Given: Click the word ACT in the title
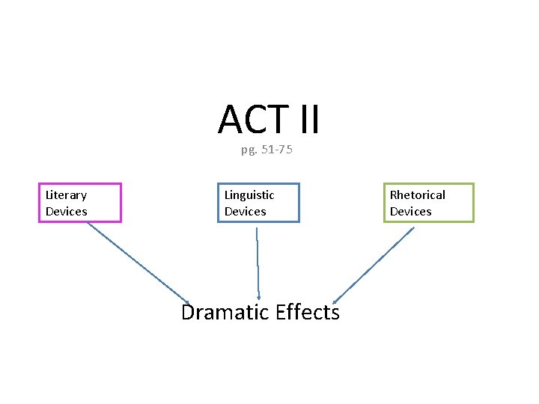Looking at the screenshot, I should click(253, 120).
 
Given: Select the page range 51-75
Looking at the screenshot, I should click(277, 150).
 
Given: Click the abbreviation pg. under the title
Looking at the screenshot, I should click(249, 150).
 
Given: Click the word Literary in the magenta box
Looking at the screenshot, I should click(66, 195).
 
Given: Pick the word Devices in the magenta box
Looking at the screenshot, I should click(66, 212).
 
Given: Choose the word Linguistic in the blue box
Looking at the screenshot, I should click(249, 195).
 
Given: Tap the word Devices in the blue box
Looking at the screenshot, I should click(245, 212).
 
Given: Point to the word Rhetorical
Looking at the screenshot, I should click(417, 195).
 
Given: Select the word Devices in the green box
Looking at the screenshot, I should click(410, 212).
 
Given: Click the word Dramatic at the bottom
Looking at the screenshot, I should click(225, 312).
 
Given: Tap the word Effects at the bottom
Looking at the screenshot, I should click(307, 312).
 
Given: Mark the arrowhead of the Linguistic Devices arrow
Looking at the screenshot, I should click(258, 296).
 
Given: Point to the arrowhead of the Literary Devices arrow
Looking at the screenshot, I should click(187, 299).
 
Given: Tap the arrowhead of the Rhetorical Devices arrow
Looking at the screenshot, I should click(336, 299).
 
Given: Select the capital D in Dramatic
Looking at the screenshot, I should click(190, 312).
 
